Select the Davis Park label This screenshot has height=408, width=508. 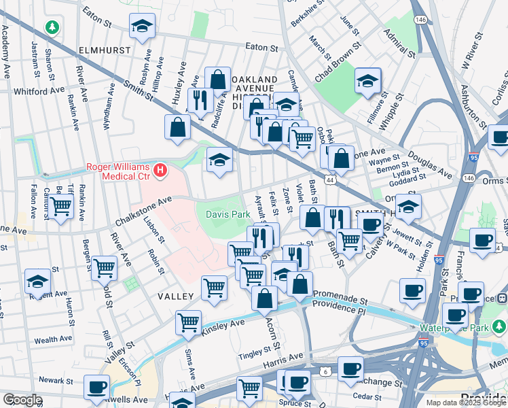[223, 215]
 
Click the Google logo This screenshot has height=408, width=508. [22, 400]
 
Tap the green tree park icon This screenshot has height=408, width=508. [52, 28]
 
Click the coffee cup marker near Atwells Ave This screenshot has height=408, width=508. [96, 388]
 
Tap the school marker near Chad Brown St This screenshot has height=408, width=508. [367, 82]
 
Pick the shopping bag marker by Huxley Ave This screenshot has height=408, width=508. [177, 127]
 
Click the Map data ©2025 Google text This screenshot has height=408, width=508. [465, 403]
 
